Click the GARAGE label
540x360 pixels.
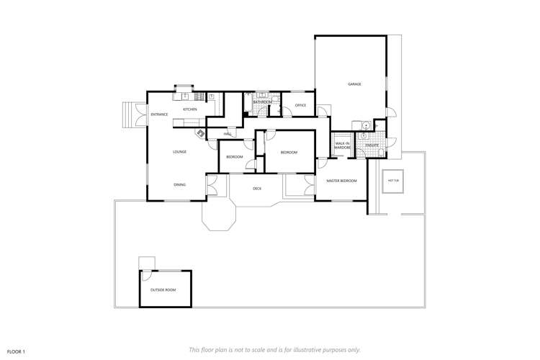(354, 84)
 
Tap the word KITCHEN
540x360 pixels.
(189, 109)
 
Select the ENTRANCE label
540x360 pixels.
(159, 114)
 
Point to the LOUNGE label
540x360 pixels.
(180, 152)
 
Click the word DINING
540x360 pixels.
(179, 185)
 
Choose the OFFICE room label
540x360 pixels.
(300, 106)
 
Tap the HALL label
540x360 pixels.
(227, 135)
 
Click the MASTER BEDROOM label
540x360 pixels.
(341, 181)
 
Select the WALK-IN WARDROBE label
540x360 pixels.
(343, 145)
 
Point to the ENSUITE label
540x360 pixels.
(372, 145)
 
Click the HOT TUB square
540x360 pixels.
(394, 181)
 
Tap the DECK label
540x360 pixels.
(257, 189)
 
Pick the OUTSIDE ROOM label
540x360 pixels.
(163, 289)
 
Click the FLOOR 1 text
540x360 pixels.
(17, 351)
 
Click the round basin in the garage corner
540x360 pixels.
(366, 125)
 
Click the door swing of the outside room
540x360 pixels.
(146, 276)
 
